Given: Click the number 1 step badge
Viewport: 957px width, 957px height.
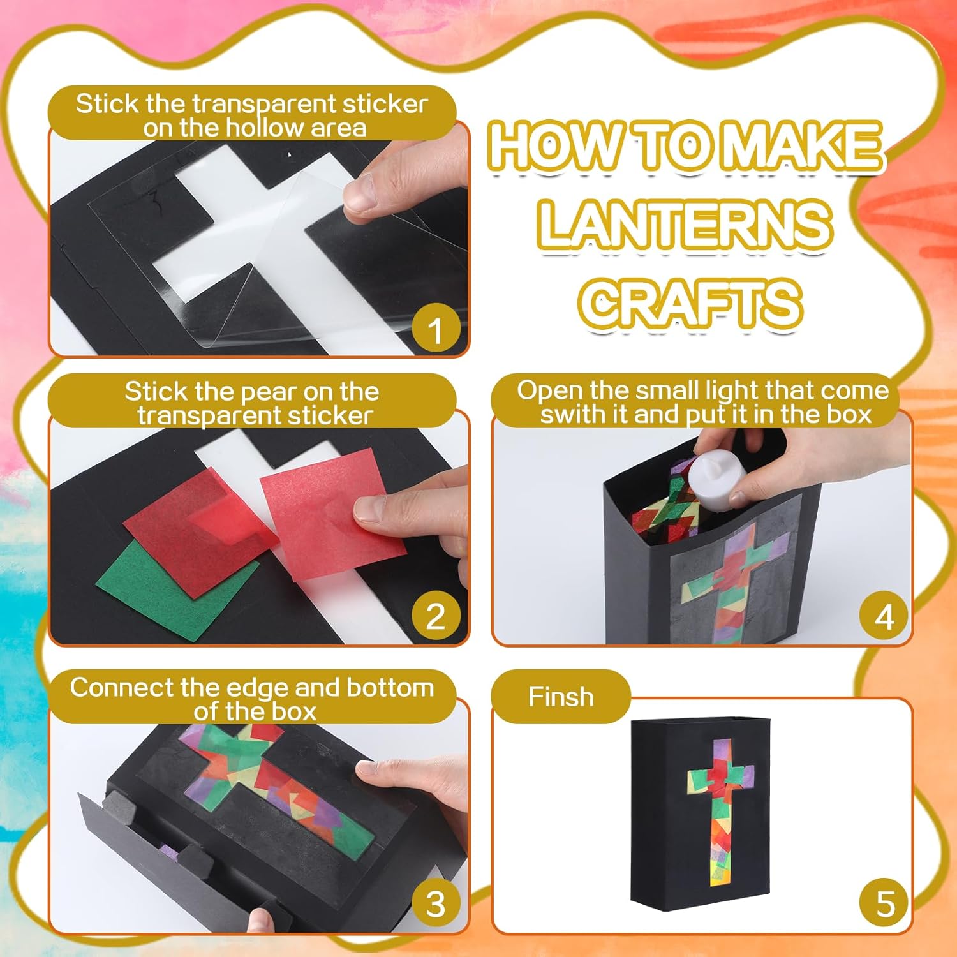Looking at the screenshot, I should pos(436,330).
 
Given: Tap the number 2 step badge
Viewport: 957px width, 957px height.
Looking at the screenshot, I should pos(436,616).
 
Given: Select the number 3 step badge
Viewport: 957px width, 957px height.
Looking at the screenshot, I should pos(436,903).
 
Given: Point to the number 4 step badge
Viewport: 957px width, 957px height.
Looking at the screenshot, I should pos(884,616).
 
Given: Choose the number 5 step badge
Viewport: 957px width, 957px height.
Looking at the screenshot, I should pos(884,903).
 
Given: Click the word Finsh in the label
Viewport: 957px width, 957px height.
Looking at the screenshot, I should pos(561,697).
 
